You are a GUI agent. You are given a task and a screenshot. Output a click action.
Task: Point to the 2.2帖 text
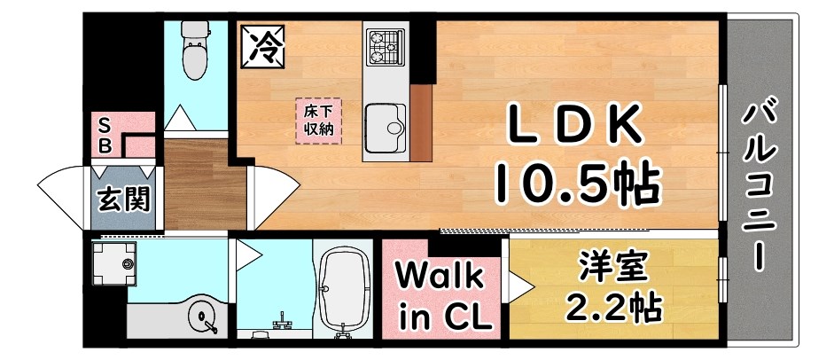click(613, 306)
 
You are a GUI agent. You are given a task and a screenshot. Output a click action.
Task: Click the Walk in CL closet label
click(440, 296)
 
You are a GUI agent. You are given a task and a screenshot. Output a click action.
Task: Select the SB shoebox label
click(105, 134)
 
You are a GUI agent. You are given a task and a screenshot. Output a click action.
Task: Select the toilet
click(193, 47)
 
